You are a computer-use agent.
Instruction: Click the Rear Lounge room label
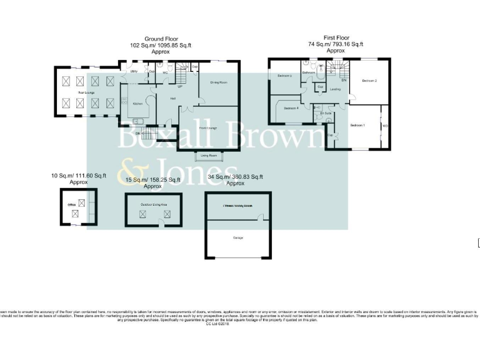click(85, 92)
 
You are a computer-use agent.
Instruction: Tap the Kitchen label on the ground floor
click(138, 103)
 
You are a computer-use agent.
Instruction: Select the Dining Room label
click(218, 82)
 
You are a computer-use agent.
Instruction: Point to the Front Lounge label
click(207, 127)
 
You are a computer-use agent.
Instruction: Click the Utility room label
click(134, 72)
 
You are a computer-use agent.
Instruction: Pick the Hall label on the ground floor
click(172, 98)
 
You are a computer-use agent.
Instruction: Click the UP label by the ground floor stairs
click(179, 86)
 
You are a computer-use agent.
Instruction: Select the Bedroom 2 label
click(371, 81)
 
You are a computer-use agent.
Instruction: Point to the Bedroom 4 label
click(291, 109)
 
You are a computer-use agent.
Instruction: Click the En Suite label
click(326, 113)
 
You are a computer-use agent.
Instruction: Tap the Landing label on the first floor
click(335, 89)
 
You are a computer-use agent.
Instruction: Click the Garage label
click(238, 238)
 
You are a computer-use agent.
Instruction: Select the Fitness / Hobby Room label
click(238, 205)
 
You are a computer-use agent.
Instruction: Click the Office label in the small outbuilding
click(72, 204)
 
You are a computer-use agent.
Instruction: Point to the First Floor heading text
click(336, 38)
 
